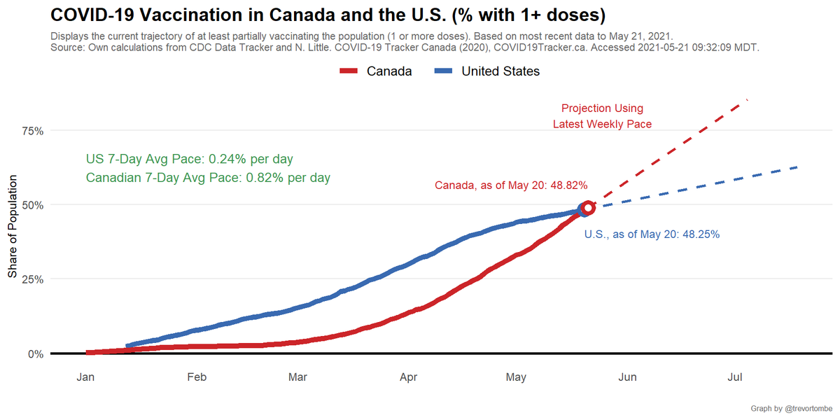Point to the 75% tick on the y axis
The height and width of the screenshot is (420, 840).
[32, 131]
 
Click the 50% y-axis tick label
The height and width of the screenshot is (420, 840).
[32, 205]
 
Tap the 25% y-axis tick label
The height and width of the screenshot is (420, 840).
[32, 279]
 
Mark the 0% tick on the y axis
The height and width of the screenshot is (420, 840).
[35, 353]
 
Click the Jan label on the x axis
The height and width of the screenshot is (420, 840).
[85, 378]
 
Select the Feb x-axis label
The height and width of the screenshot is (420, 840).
[197, 378]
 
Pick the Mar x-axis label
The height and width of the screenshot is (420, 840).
[297, 378]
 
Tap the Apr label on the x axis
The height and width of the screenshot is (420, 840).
[409, 378]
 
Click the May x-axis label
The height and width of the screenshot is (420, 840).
[516, 378]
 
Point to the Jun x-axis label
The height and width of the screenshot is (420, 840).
[627, 378]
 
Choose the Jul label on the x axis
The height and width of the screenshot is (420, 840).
[735, 378]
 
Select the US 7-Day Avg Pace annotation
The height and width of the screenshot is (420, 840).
[189, 159]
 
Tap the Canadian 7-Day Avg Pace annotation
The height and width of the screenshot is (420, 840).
[208, 178]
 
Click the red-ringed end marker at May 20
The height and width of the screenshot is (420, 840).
[588, 208]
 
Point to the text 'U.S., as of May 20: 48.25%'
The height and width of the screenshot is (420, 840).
[652, 234]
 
